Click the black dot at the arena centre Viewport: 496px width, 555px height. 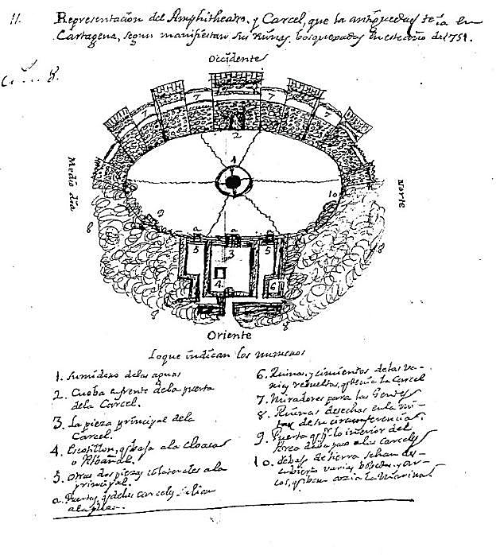[232, 183]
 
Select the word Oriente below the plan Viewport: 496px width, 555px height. [231, 336]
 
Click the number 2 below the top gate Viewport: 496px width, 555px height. [235, 136]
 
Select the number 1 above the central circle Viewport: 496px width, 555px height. [232, 161]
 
